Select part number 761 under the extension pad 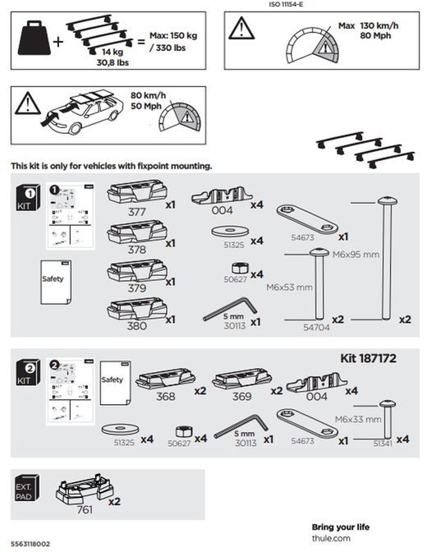(x=85, y=509)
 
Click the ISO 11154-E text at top (x=287, y=4)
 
